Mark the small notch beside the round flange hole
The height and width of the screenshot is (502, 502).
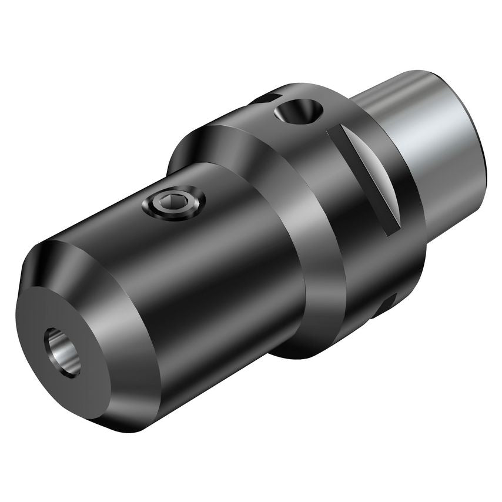[266, 98]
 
